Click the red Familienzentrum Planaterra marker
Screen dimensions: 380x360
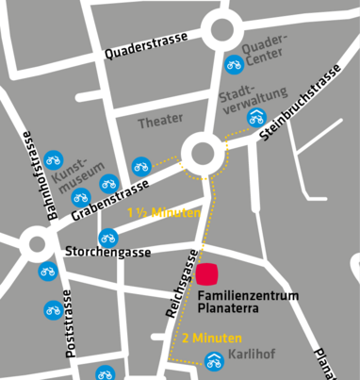click(x=207, y=274)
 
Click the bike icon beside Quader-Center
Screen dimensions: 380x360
click(x=234, y=64)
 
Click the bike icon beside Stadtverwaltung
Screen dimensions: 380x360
click(x=256, y=118)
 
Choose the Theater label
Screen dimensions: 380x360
click(x=160, y=123)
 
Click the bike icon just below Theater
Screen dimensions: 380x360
click(x=141, y=166)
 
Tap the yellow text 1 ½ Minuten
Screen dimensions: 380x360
click(x=164, y=213)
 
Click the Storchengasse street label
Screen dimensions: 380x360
click(x=107, y=251)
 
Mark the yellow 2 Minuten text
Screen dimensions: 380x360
click(x=212, y=338)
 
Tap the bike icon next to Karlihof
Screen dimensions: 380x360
click(x=215, y=360)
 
